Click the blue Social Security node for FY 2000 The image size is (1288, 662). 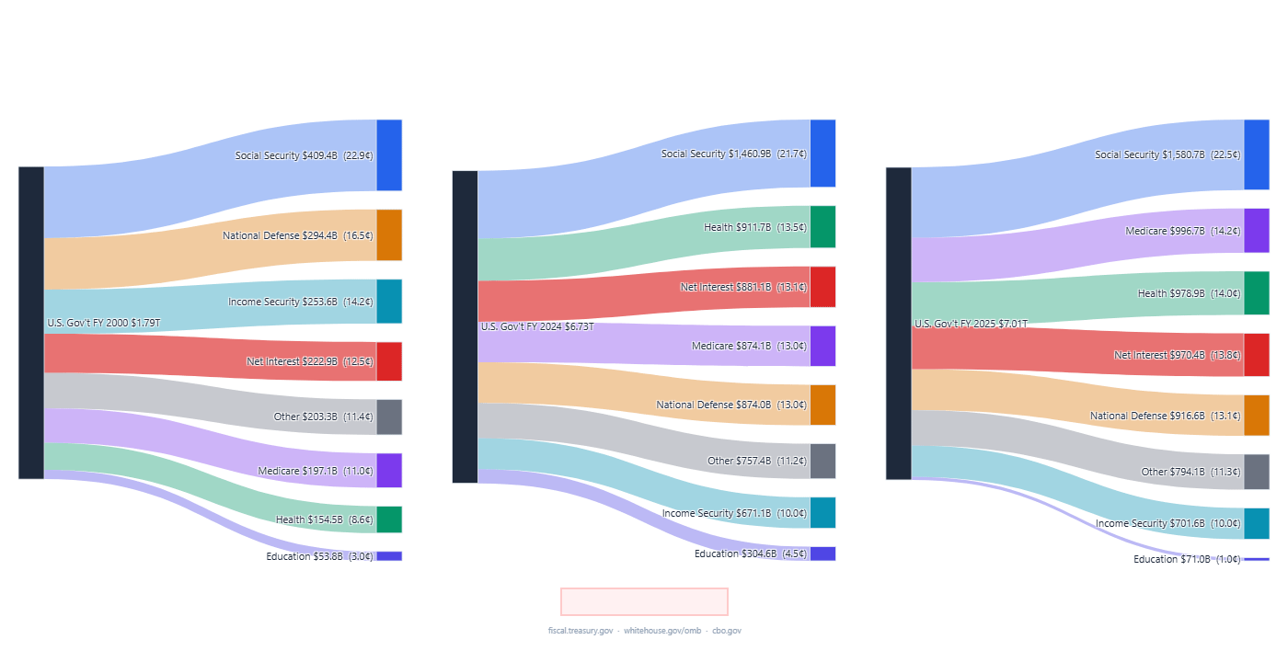[x=389, y=154]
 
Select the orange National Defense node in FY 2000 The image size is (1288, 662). [x=389, y=235]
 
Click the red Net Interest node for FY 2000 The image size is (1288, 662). [x=389, y=361]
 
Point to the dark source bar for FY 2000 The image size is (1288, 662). [x=31, y=323]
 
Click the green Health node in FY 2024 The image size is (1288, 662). [x=822, y=227]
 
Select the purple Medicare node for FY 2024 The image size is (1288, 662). [x=822, y=346]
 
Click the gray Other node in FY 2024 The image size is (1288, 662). [x=822, y=461]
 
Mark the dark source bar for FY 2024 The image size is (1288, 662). [x=465, y=326]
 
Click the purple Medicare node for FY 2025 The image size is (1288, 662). [x=1257, y=231]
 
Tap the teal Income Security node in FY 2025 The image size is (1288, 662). [x=1257, y=523]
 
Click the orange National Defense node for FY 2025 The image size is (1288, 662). [x=1257, y=416]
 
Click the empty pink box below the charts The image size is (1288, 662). [x=644, y=601]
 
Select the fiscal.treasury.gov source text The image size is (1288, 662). [x=580, y=631]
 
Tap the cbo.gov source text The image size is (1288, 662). [x=727, y=631]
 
